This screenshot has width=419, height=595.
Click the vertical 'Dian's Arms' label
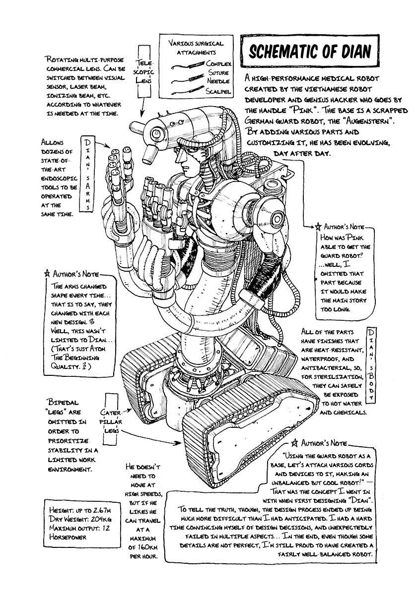88,174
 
